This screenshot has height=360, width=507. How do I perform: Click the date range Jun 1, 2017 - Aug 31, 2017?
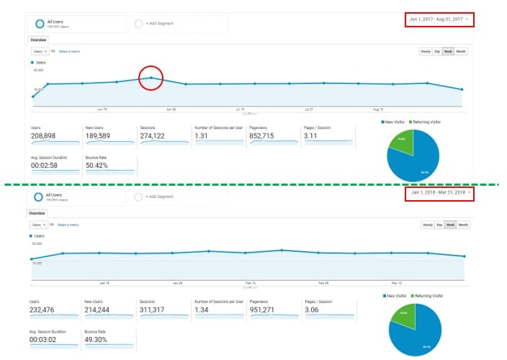point(438,19)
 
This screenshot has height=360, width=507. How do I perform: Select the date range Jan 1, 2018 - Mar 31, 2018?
point(438,192)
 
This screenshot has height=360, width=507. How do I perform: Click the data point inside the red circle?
point(151,78)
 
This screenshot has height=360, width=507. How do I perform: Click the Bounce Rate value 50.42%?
point(98,165)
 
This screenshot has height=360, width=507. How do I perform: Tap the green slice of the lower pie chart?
point(402,313)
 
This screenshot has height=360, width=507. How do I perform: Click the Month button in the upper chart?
point(462,52)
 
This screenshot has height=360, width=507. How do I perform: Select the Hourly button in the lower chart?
point(428,225)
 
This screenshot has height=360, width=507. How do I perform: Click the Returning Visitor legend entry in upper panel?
point(427,122)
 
